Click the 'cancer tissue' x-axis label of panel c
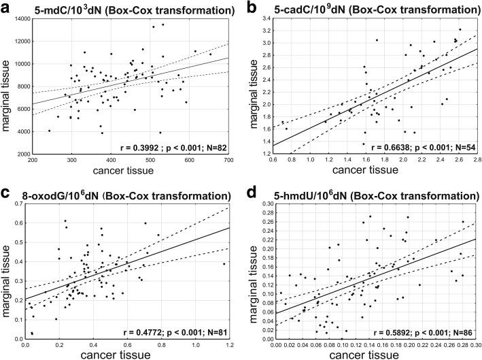tap(129, 355)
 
